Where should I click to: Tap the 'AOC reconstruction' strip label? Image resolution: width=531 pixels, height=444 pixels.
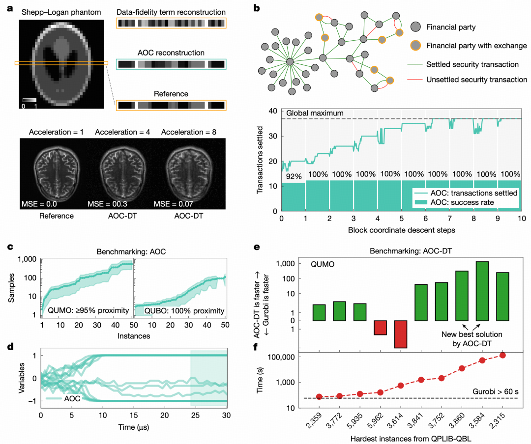point(171,53)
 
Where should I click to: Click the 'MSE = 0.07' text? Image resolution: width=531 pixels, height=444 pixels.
point(175,203)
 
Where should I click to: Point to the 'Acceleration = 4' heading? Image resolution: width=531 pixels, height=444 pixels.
point(121,133)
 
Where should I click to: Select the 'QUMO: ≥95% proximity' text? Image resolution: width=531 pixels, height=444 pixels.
point(87,310)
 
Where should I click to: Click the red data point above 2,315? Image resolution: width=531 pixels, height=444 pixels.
point(502,355)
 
